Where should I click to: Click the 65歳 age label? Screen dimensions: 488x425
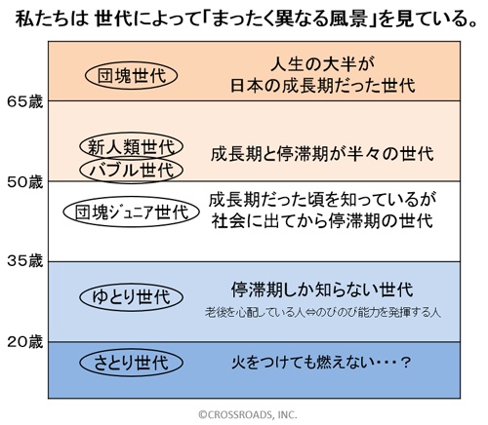tap(25, 101)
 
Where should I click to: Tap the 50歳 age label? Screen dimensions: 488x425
tap(25, 182)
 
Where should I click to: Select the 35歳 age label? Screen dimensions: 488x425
tap(25, 261)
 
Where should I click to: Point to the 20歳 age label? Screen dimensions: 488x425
tap(25, 342)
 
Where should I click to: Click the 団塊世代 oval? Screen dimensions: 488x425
tap(131, 63)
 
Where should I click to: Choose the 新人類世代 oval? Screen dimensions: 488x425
tap(132, 134)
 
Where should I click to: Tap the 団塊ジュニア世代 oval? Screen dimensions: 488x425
tap(131, 198)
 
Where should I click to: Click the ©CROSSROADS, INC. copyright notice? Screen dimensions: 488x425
tap(248, 414)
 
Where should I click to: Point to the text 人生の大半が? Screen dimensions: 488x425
tap(322, 64)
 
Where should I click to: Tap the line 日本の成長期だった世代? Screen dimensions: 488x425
tap(323, 86)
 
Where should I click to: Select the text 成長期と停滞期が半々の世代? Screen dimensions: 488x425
tap(322, 154)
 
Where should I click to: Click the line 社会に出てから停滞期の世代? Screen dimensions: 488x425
tap(322, 221)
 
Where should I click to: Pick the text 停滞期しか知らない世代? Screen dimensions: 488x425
tap(322, 290)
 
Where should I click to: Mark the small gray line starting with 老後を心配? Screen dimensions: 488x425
tap(323, 313)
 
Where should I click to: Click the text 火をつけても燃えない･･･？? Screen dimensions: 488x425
tap(320, 363)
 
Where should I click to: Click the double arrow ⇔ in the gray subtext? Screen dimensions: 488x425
tap(310, 313)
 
